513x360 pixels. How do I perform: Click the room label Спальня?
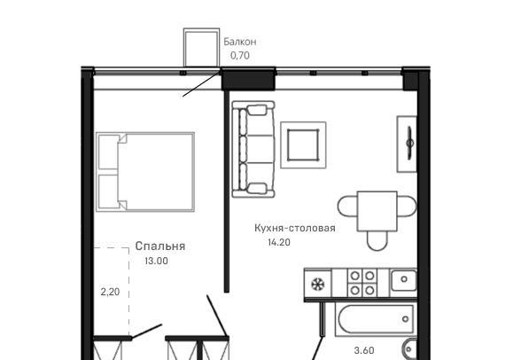pos(160,246)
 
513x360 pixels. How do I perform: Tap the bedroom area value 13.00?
pos(157,261)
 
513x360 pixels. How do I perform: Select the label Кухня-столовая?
pos(295,228)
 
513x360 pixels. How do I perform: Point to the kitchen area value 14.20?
pos(279,242)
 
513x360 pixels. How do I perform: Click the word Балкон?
pos(240,42)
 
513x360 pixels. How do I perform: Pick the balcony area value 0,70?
pos(240,56)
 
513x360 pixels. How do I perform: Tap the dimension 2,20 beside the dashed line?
pos(110,292)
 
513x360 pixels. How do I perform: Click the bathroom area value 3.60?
pos(364,350)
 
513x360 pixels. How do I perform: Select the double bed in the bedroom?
pos(145,172)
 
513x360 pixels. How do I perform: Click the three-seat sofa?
pos(253,149)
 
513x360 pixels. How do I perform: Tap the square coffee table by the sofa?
pos(303,145)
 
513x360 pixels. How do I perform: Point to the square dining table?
pos(377,211)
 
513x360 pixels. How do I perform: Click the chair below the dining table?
pos(377,240)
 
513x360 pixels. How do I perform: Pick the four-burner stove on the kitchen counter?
pos(362,283)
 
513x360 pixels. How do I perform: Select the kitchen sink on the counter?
pos(404,279)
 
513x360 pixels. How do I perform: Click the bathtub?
pos(376,319)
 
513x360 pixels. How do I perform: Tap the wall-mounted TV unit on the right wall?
pos(408,144)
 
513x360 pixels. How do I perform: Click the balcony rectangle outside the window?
pos(201,48)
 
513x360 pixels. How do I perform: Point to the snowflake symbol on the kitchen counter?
pos(318,284)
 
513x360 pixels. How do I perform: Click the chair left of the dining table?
pos(348,206)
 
